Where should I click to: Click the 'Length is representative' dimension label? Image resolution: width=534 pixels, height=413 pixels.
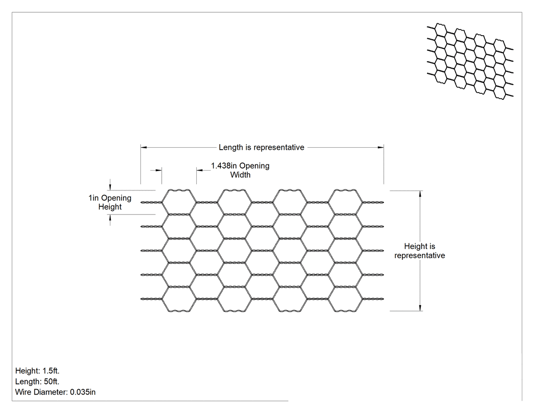[261, 147]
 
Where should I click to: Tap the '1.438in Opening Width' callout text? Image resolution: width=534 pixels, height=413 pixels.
[240, 170]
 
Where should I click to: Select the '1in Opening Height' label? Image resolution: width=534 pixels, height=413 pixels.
[110, 202]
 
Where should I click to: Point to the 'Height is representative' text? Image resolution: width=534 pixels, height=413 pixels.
[420, 251]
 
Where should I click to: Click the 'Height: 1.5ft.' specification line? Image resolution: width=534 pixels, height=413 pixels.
[37, 371]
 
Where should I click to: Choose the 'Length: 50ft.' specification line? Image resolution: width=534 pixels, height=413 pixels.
[37, 381]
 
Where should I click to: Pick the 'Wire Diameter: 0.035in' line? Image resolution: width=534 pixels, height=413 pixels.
[55, 392]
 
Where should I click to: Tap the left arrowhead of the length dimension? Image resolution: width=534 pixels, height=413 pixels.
[144, 147]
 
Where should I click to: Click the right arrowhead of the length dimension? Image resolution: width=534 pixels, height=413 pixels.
[381, 147]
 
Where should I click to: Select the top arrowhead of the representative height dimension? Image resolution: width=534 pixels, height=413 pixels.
[420, 194]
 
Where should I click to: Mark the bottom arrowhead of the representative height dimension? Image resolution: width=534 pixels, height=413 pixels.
[420, 308]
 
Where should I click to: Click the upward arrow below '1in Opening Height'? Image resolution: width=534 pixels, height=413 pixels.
[110, 220]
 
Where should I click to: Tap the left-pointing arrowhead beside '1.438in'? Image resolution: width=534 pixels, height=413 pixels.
[199, 170]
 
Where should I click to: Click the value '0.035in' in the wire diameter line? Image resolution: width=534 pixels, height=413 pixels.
[83, 392]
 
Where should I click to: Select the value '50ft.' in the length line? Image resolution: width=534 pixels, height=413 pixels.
[51, 381]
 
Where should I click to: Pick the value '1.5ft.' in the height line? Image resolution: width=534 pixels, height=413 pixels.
[51, 371]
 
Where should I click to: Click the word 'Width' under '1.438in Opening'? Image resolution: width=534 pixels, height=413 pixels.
[240, 175]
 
